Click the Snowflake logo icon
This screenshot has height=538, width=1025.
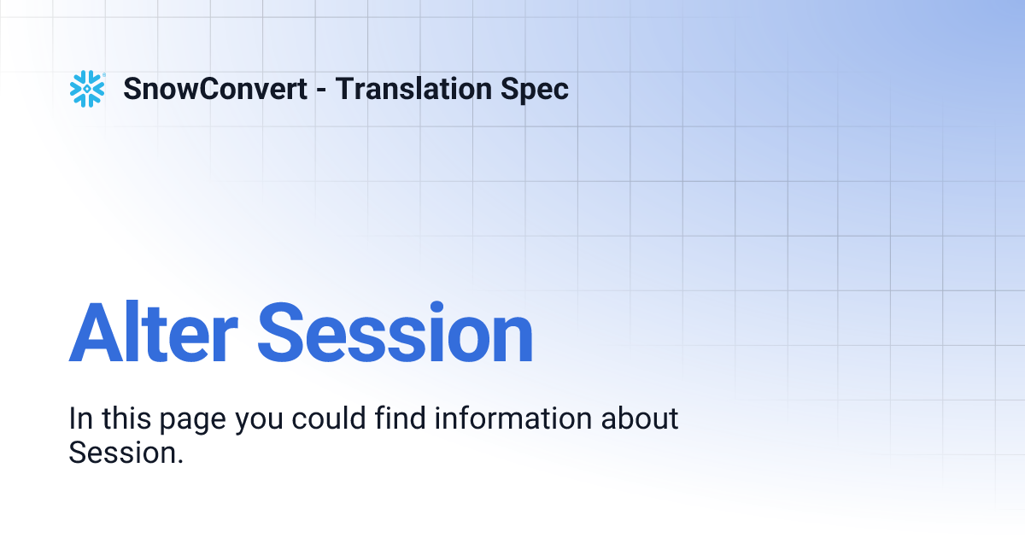(87, 89)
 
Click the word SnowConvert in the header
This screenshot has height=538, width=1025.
(215, 89)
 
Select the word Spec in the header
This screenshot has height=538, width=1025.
(536, 89)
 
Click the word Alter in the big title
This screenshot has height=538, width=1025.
(153, 333)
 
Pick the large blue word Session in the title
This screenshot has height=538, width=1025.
(395, 333)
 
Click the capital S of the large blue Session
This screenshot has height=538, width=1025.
(282, 333)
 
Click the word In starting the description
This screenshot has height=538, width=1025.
(80, 419)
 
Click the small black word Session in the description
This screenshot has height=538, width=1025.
(122, 453)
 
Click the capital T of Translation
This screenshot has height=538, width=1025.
(343, 89)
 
